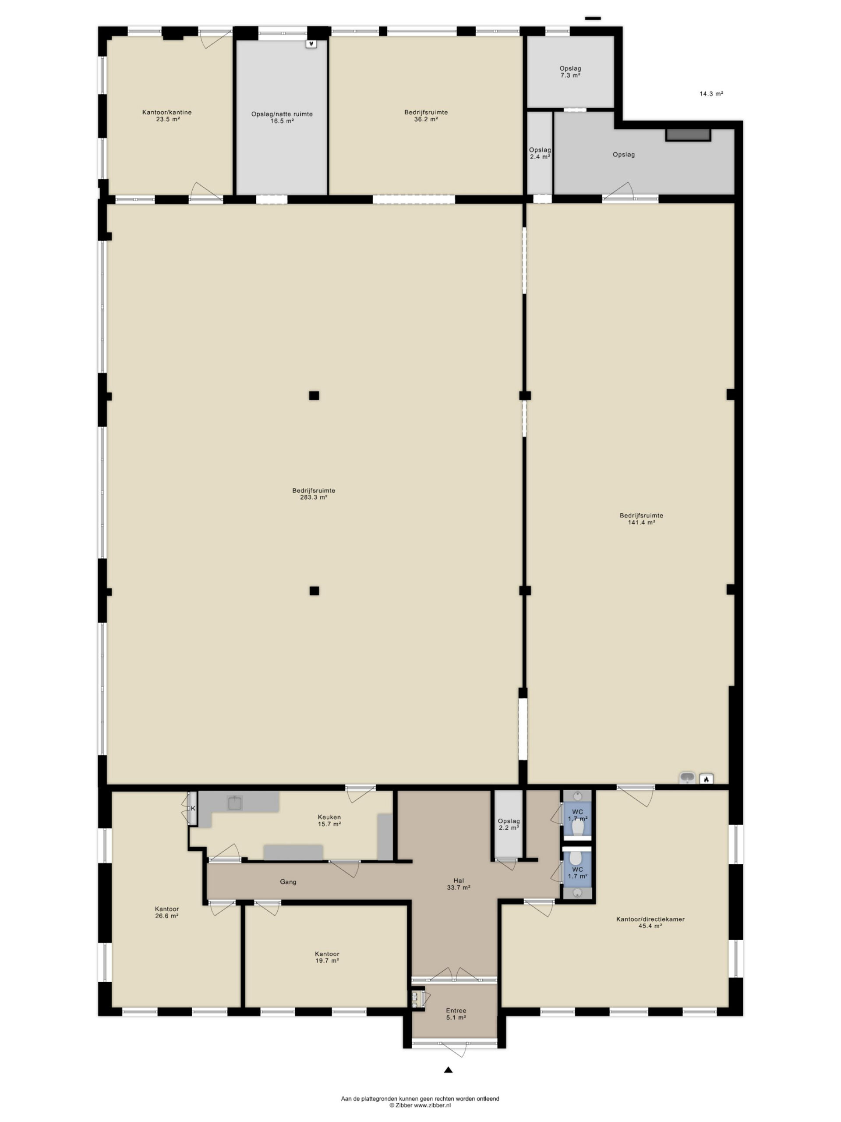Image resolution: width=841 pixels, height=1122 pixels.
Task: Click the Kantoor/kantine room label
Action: click(167, 112)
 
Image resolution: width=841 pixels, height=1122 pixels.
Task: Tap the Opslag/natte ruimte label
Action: click(282, 114)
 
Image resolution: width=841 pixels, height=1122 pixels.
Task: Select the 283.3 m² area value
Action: click(313, 497)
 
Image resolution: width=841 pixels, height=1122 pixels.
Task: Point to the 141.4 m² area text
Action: click(641, 522)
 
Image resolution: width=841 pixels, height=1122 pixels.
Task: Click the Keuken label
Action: click(329, 817)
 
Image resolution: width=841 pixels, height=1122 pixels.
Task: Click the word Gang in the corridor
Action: click(288, 882)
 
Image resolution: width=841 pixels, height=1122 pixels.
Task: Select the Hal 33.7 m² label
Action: click(458, 884)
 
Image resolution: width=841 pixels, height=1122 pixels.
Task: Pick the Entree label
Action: click(456, 1010)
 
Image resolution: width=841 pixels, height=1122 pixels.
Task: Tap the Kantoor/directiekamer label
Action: click(650, 919)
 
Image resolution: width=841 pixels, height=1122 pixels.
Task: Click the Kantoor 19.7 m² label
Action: click(327, 957)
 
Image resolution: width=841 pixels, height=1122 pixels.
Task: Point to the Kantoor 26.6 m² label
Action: click(167, 913)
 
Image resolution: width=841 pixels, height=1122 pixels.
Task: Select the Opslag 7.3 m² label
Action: click(570, 71)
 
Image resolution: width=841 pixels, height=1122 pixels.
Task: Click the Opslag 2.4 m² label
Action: click(540, 153)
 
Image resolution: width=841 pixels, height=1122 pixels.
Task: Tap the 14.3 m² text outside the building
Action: click(711, 93)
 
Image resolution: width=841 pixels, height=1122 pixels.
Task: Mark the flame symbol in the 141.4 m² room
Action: click(706, 778)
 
